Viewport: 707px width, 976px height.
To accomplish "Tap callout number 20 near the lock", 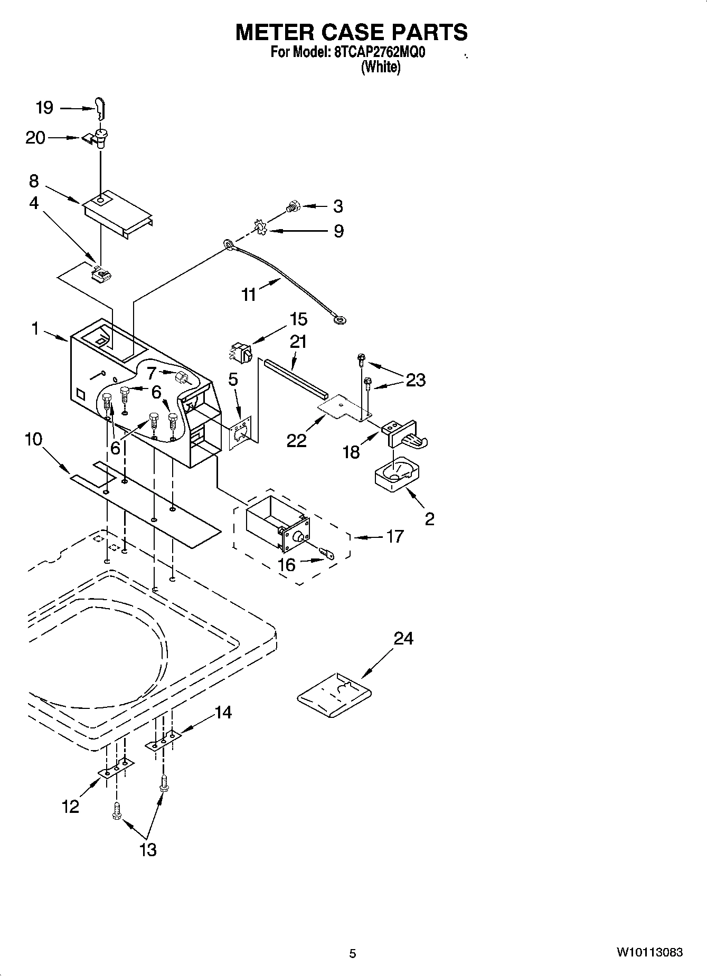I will pyautogui.click(x=35, y=138).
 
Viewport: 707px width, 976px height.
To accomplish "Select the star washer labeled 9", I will pyautogui.click(x=259, y=227).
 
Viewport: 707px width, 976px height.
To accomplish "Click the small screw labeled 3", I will pyautogui.click(x=291, y=207).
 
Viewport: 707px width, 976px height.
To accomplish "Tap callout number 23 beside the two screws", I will pyautogui.click(x=416, y=380).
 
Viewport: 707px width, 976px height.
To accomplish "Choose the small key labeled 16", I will pyautogui.click(x=327, y=553).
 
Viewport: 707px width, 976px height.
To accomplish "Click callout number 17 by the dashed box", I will pyautogui.click(x=395, y=536).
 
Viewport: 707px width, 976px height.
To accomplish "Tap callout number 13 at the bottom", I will pyautogui.click(x=148, y=850).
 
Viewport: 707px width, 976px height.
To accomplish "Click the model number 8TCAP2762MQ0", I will pyautogui.click(x=379, y=52).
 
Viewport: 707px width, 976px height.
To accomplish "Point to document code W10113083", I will pyautogui.click(x=649, y=952).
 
